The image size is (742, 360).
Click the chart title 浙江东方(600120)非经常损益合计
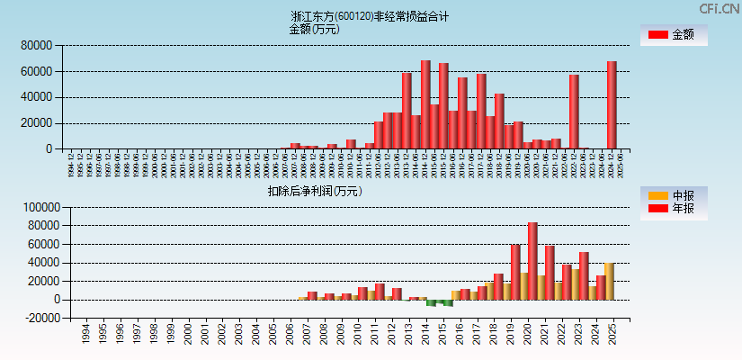coord(370,16)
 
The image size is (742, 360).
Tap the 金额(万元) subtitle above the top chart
coord(314,29)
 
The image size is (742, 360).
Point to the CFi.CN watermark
coord(720,8)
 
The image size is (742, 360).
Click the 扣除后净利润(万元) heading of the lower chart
coord(314,191)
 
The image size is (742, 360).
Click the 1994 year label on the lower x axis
coord(85,335)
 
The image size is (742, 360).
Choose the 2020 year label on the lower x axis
coord(529,335)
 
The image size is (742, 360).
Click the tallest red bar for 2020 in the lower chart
coord(533,261)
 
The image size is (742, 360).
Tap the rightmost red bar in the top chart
coord(612,104)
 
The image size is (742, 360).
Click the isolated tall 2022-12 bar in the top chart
coord(574,112)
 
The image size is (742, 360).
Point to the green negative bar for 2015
coord(448,303)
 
